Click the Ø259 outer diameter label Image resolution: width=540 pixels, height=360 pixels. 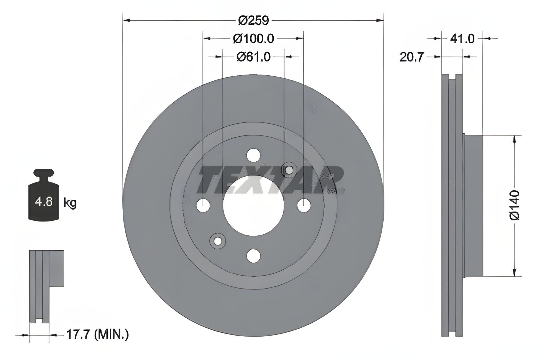point(254,21)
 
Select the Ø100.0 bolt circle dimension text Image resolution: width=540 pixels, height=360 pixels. point(253,39)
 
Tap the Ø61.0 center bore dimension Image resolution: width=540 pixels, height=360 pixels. point(253,57)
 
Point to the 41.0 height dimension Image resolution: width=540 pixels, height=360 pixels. point(462,39)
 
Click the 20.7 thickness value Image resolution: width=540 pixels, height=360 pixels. point(411,57)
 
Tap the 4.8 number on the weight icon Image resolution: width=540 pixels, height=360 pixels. point(44,202)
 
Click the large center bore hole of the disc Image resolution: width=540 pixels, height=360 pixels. point(253,206)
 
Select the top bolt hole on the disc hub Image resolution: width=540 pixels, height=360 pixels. point(253,155)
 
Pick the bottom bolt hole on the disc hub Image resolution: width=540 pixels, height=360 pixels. point(253,256)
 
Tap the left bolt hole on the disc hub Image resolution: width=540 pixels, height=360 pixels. point(203,206)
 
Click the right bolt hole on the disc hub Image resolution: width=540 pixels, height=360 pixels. point(304,206)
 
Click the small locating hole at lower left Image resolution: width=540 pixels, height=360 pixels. point(218,241)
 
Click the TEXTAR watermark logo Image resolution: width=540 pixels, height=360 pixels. point(270,180)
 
